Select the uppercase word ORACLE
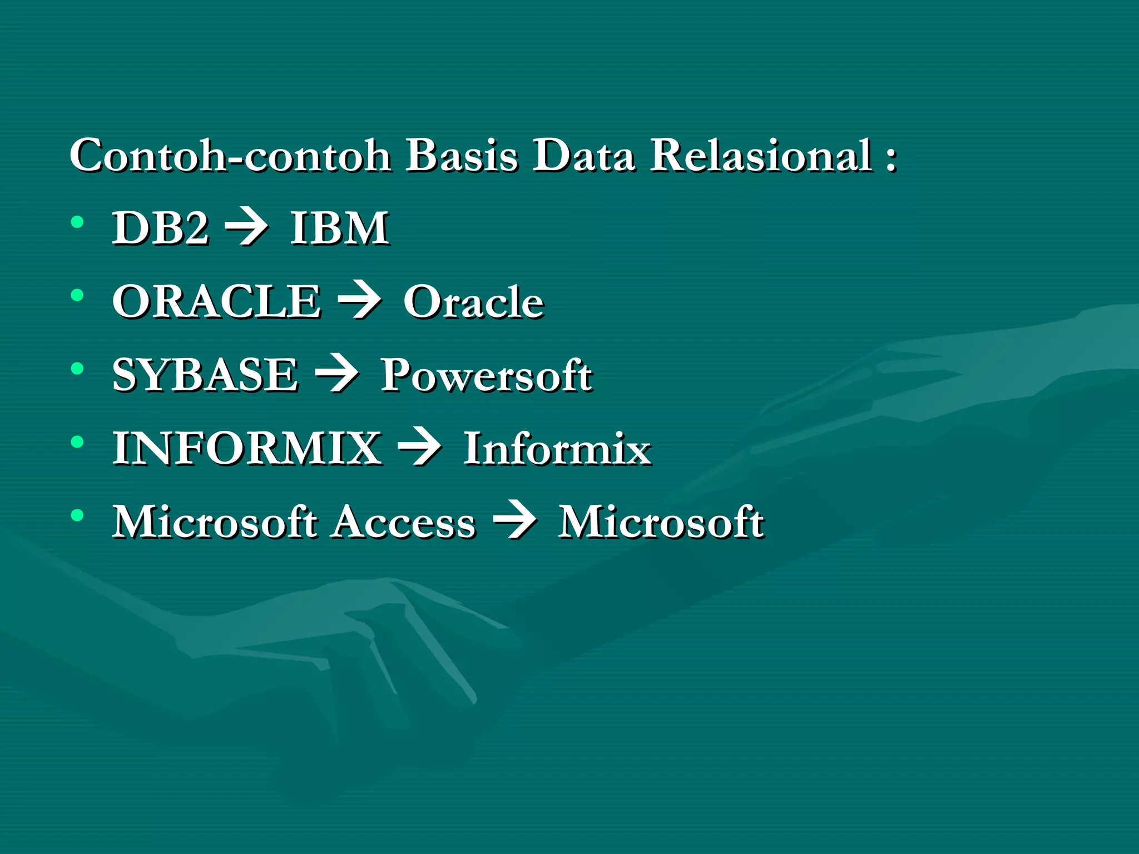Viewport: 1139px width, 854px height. (217, 301)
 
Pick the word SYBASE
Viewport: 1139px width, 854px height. (205, 375)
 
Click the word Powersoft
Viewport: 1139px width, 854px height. (486, 376)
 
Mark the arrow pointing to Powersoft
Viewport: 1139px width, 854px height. (337, 375)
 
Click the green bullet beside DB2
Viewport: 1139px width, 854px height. (77, 222)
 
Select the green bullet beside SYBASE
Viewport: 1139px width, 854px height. (77, 369)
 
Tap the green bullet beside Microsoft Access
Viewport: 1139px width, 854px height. (77, 515)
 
